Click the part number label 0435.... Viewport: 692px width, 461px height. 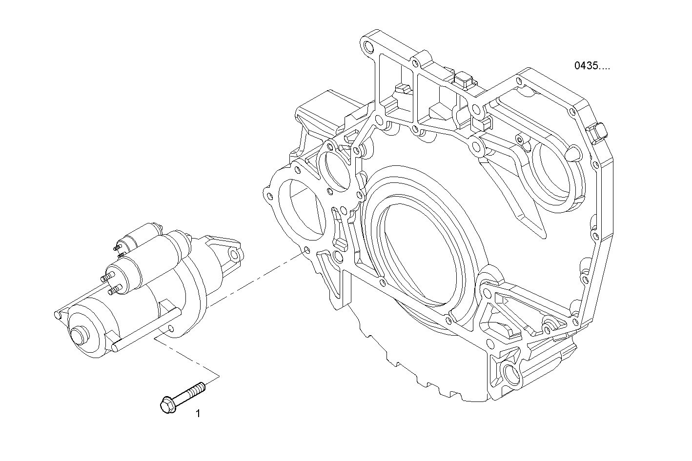591,66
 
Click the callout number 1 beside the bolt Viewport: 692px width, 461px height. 198,414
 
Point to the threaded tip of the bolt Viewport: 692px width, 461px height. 201,388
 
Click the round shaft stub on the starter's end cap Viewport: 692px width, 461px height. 78,336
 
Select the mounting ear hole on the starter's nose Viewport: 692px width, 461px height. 235,255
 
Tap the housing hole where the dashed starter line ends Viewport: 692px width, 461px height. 306,251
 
